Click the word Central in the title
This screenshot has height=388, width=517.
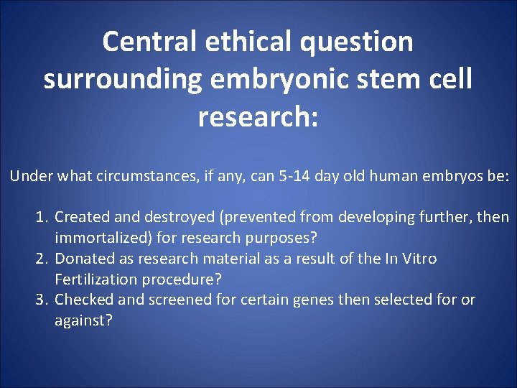point(149,42)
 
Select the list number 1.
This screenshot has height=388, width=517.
point(42,217)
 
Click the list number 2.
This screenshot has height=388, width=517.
point(42,259)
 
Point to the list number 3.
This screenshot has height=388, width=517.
point(42,300)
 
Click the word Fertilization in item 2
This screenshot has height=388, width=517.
point(93,280)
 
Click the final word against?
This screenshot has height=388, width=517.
point(83,320)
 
